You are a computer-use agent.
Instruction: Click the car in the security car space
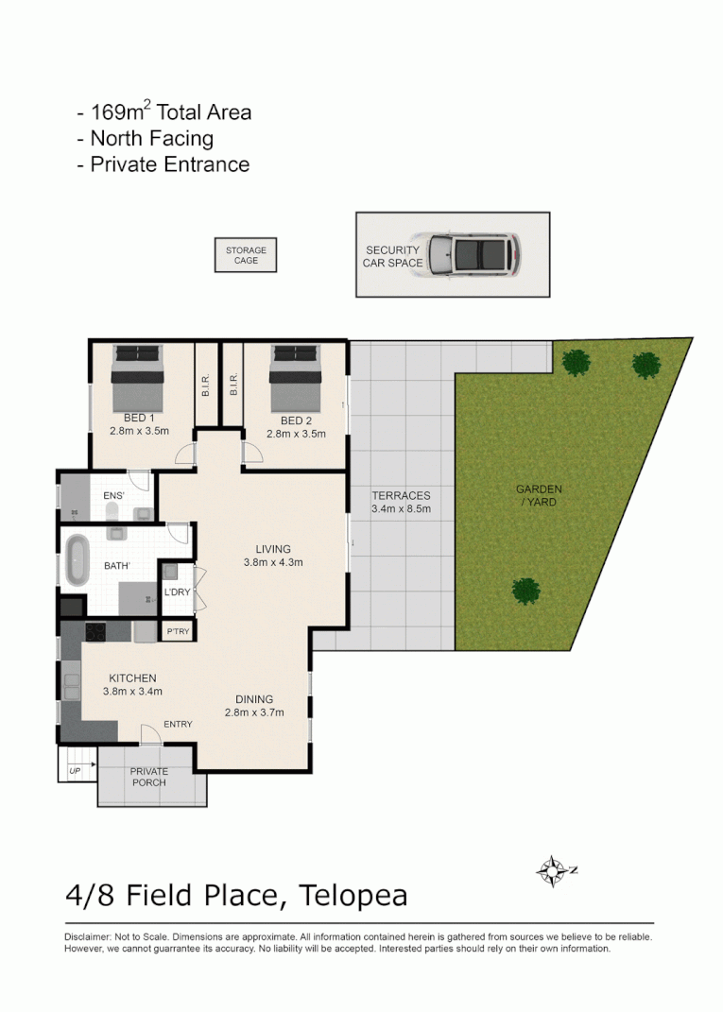(473, 254)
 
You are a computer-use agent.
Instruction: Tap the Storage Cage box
(246, 255)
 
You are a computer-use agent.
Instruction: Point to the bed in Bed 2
(296, 377)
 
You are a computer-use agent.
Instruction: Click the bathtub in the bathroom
(77, 561)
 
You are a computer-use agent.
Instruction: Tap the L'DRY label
(177, 592)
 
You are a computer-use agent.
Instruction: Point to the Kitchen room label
(132, 678)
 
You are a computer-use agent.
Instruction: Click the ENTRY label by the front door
(178, 725)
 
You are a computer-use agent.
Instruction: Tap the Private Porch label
(148, 777)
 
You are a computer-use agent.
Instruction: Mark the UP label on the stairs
(75, 773)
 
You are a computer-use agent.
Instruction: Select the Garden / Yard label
(539, 495)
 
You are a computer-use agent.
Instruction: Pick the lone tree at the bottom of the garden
(525, 592)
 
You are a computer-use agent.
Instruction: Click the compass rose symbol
(552, 870)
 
